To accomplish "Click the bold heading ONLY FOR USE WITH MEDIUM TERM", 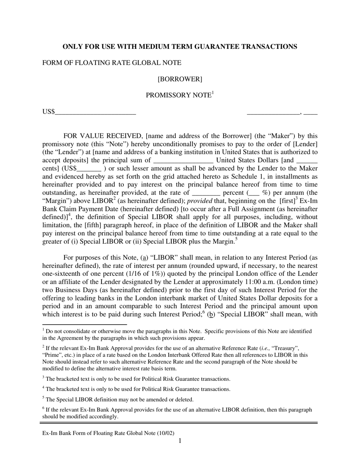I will click(x=180, y=47).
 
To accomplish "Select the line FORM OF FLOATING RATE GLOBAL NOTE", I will click(x=112, y=63).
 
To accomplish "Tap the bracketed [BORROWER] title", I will click(x=180, y=79).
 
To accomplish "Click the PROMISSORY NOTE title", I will click(x=178, y=95).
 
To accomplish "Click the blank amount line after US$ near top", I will click(x=95, y=113).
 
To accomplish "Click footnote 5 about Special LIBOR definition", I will click(x=119, y=400).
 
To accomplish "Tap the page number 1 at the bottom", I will click(x=180, y=441).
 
